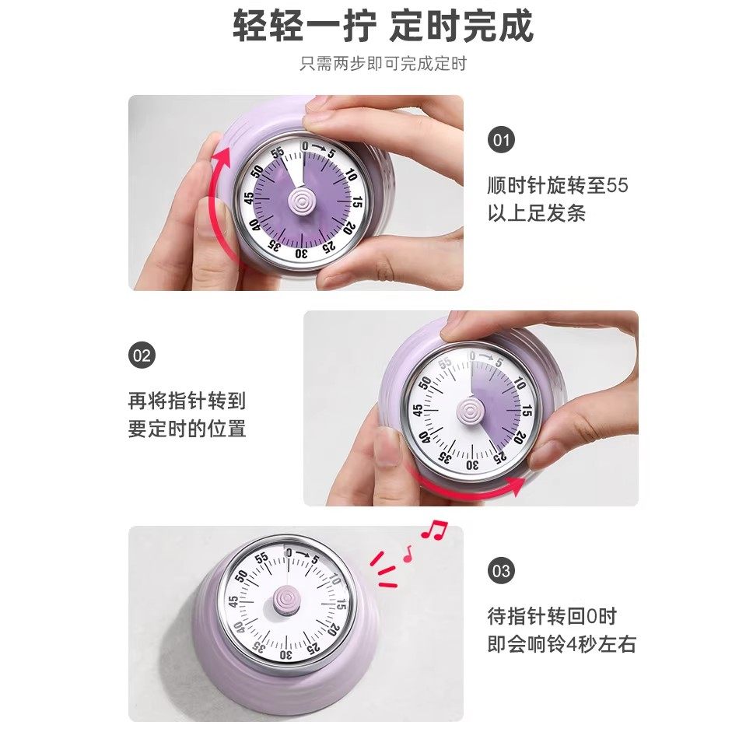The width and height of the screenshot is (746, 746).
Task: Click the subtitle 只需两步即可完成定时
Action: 383,64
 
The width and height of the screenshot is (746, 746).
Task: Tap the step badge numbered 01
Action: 501,141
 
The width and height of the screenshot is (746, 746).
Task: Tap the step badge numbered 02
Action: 142,356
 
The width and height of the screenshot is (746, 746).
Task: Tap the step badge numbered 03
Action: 501,571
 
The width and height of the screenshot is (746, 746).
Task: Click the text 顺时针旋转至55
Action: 557,186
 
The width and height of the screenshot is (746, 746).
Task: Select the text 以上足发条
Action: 536,213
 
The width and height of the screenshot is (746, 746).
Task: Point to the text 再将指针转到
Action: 187,401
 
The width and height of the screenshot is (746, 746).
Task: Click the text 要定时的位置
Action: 187,429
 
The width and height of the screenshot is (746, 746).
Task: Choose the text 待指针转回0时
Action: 552,617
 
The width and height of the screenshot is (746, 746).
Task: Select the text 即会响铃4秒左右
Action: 561,644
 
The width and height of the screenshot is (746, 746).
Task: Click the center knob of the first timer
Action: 299,201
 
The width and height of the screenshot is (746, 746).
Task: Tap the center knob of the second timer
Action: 471,408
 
